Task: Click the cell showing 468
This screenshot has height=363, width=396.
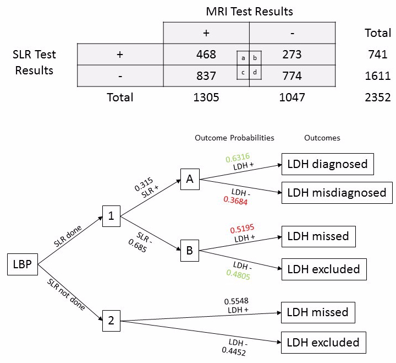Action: (x=206, y=55)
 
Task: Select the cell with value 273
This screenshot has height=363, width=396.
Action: (x=292, y=55)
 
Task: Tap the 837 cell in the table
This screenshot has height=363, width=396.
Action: (x=206, y=75)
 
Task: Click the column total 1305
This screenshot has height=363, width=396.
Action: (x=206, y=97)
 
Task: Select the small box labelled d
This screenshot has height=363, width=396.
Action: (x=255, y=72)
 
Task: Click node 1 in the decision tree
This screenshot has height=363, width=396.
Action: (x=111, y=216)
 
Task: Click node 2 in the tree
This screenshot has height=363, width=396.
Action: (x=111, y=321)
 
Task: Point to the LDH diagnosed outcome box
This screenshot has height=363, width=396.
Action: (x=328, y=164)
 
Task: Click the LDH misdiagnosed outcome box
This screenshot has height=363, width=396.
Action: (x=337, y=193)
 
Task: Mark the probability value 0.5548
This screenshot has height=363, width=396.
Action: (x=235, y=301)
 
